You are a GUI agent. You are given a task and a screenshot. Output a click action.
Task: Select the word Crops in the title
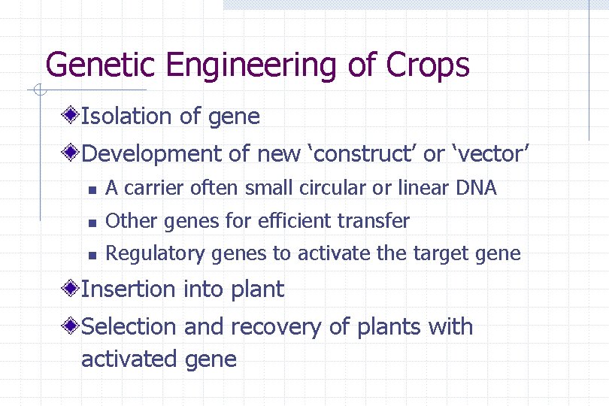point(428,66)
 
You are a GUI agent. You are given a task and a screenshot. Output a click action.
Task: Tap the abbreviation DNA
point(477,188)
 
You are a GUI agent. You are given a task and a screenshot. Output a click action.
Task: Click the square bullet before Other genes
point(90,223)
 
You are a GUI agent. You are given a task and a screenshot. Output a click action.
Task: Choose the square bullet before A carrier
point(90,189)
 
